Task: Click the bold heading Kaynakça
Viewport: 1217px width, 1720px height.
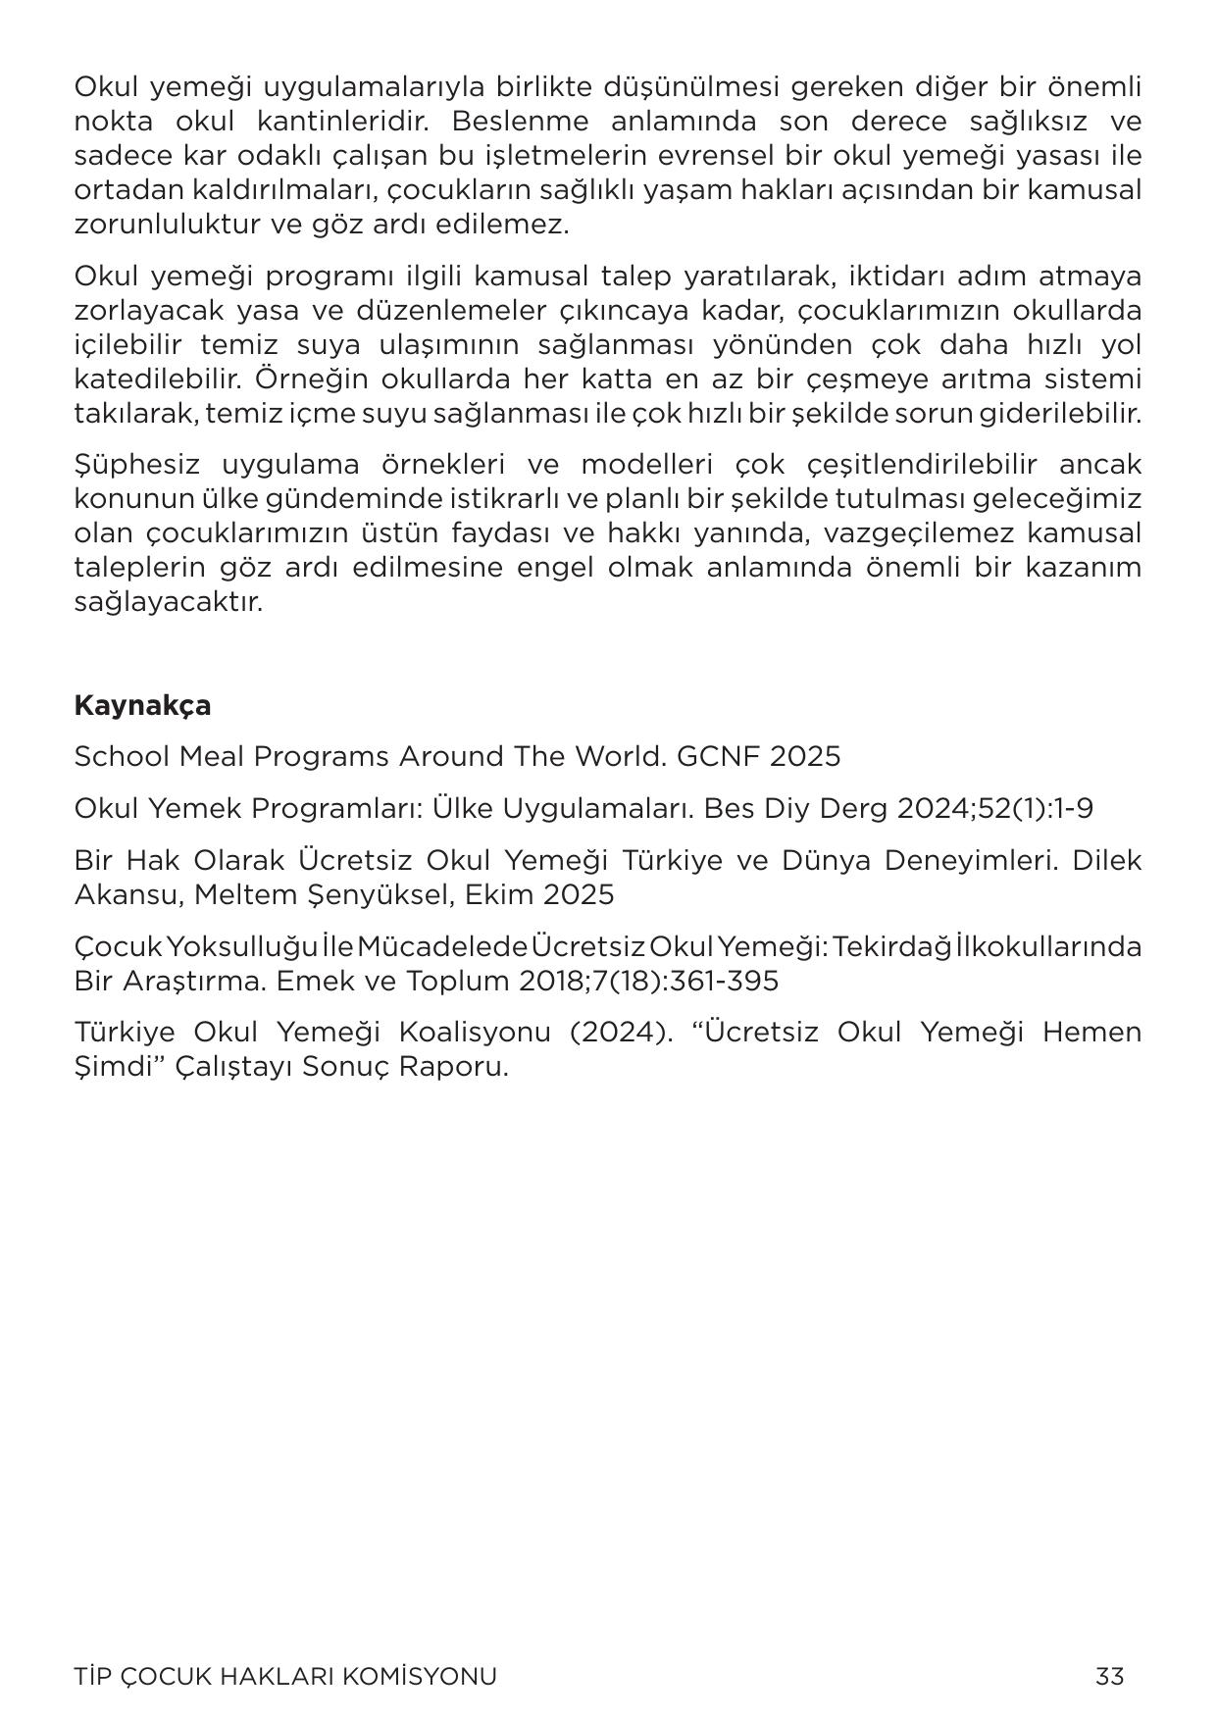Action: click(x=142, y=706)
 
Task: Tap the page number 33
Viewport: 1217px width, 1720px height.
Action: click(x=1110, y=1676)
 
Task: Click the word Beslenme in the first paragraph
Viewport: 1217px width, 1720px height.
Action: click(x=521, y=122)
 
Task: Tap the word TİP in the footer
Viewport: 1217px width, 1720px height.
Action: click(x=92, y=1677)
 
